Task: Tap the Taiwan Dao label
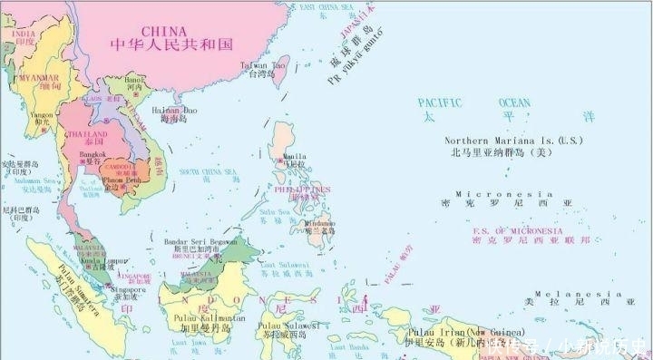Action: [265, 65]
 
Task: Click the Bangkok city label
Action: [93, 154]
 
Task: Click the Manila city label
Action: [296, 155]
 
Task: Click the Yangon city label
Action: [43, 116]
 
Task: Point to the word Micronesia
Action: [503, 194]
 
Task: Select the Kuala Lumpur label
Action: [102, 260]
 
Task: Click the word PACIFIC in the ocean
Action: [440, 102]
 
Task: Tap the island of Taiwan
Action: [280, 81]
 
